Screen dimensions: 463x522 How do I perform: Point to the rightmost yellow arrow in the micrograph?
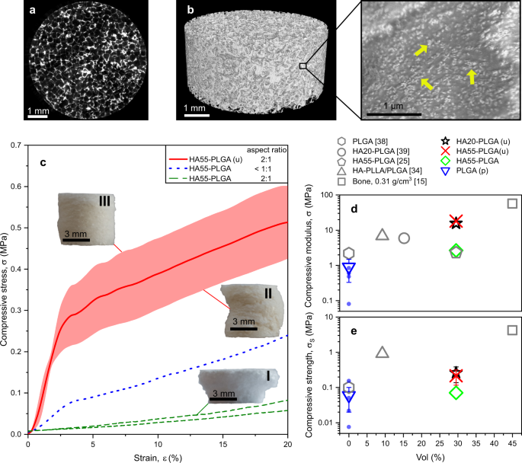tap(472, 76)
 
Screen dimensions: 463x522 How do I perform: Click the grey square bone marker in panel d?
tap(512, 203)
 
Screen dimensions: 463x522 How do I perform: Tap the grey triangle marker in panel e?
tap(383, 352)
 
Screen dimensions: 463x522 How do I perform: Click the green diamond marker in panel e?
tap(456, 393)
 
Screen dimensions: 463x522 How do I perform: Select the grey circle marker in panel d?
tap(404, 238)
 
